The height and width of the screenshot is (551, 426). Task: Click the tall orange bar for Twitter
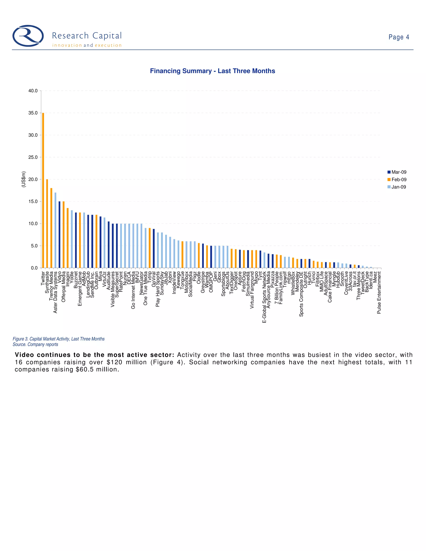[43, 190]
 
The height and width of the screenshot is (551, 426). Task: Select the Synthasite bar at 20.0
[47, 224]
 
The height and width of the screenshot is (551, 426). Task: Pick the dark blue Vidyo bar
[59, 235]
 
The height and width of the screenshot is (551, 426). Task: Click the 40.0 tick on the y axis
[33, 91]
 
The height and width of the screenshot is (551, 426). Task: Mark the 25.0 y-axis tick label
[33, 157]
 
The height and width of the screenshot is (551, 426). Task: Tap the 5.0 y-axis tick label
[34, 246]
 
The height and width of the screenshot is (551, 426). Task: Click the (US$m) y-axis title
[24, 179]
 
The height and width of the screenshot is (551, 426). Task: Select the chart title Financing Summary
[213, 71]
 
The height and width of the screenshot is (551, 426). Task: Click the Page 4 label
[399, 37]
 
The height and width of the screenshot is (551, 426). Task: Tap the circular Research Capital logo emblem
[28, 36]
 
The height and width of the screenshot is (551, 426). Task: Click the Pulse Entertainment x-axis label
[379, 293]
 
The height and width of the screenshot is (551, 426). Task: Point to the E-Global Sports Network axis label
[264, 297]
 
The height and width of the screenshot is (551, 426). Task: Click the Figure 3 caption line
[58, 339]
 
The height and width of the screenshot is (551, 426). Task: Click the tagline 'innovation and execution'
[87, 45]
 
